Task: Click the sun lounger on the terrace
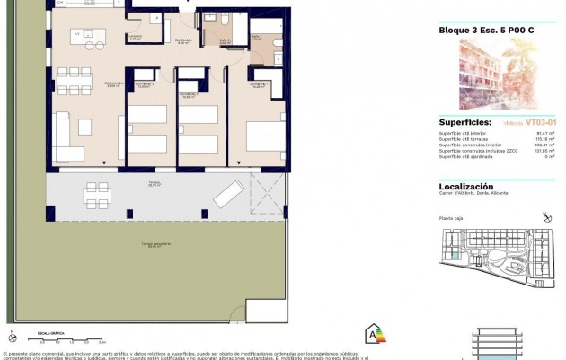[228, 193]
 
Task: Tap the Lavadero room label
[134, 39]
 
